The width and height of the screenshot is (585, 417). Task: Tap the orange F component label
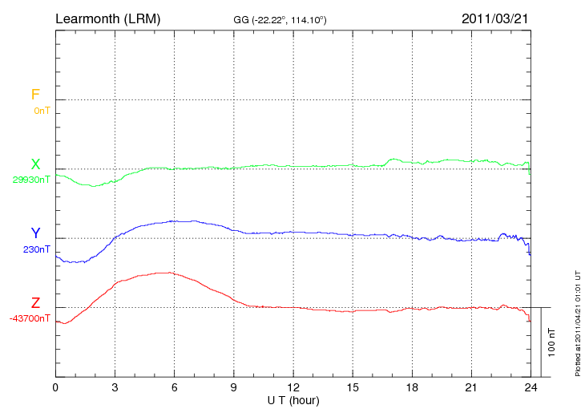coord(35,95)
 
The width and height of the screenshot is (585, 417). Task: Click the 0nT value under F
coord(42,111)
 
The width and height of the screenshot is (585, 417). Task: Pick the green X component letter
coord(35,165)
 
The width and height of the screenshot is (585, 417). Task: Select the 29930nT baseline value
coord(30,180)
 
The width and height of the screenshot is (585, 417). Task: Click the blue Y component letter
coord(35,234)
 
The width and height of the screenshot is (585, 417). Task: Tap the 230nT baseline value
coord(37,249)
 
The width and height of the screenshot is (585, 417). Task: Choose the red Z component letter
coord(35,303)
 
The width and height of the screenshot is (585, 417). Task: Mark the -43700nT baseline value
coord(30,318)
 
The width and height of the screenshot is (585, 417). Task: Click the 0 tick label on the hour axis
coord(55,388)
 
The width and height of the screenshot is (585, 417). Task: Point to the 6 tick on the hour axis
coord(174,388)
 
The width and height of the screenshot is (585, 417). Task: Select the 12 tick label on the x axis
coord(293,388)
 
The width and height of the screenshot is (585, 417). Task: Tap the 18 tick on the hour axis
coord(412,388)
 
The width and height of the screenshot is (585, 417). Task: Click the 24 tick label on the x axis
coord(531,388)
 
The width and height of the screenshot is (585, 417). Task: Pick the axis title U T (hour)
coord(293,400)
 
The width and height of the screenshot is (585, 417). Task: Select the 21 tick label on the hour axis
coord(471,388)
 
